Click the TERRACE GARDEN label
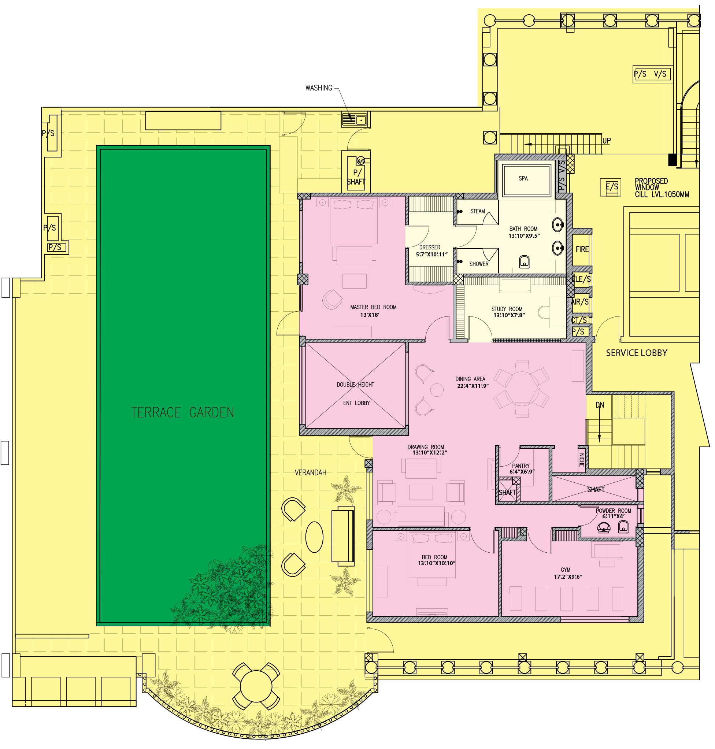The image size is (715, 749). [x=182, y=412]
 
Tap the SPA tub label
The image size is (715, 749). [x=523, y=178]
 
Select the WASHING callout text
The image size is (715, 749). [x=319, y=88]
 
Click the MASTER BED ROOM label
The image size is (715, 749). [x=373, y=307]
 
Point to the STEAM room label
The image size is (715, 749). [x=477, y=211]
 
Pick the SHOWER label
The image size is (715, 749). [x=479, y=264]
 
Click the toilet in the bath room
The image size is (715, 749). [x=525, y=262]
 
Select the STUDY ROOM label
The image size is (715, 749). [x=507, y=309]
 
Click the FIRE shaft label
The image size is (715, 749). [x=582, y=249]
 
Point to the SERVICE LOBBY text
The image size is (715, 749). [x=637, y=353]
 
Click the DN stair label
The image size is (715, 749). [x=600, y=405]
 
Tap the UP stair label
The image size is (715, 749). [x=606, y=141]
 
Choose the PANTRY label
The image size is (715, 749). [x=520, y=466]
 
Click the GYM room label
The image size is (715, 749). [x=565, y=570]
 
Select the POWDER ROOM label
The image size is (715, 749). [x=613, y=511]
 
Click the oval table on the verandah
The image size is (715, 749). [x=314, y=537]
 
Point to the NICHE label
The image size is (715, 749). [x=582, y=460]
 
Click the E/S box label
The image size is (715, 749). [x=612, y=187]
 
